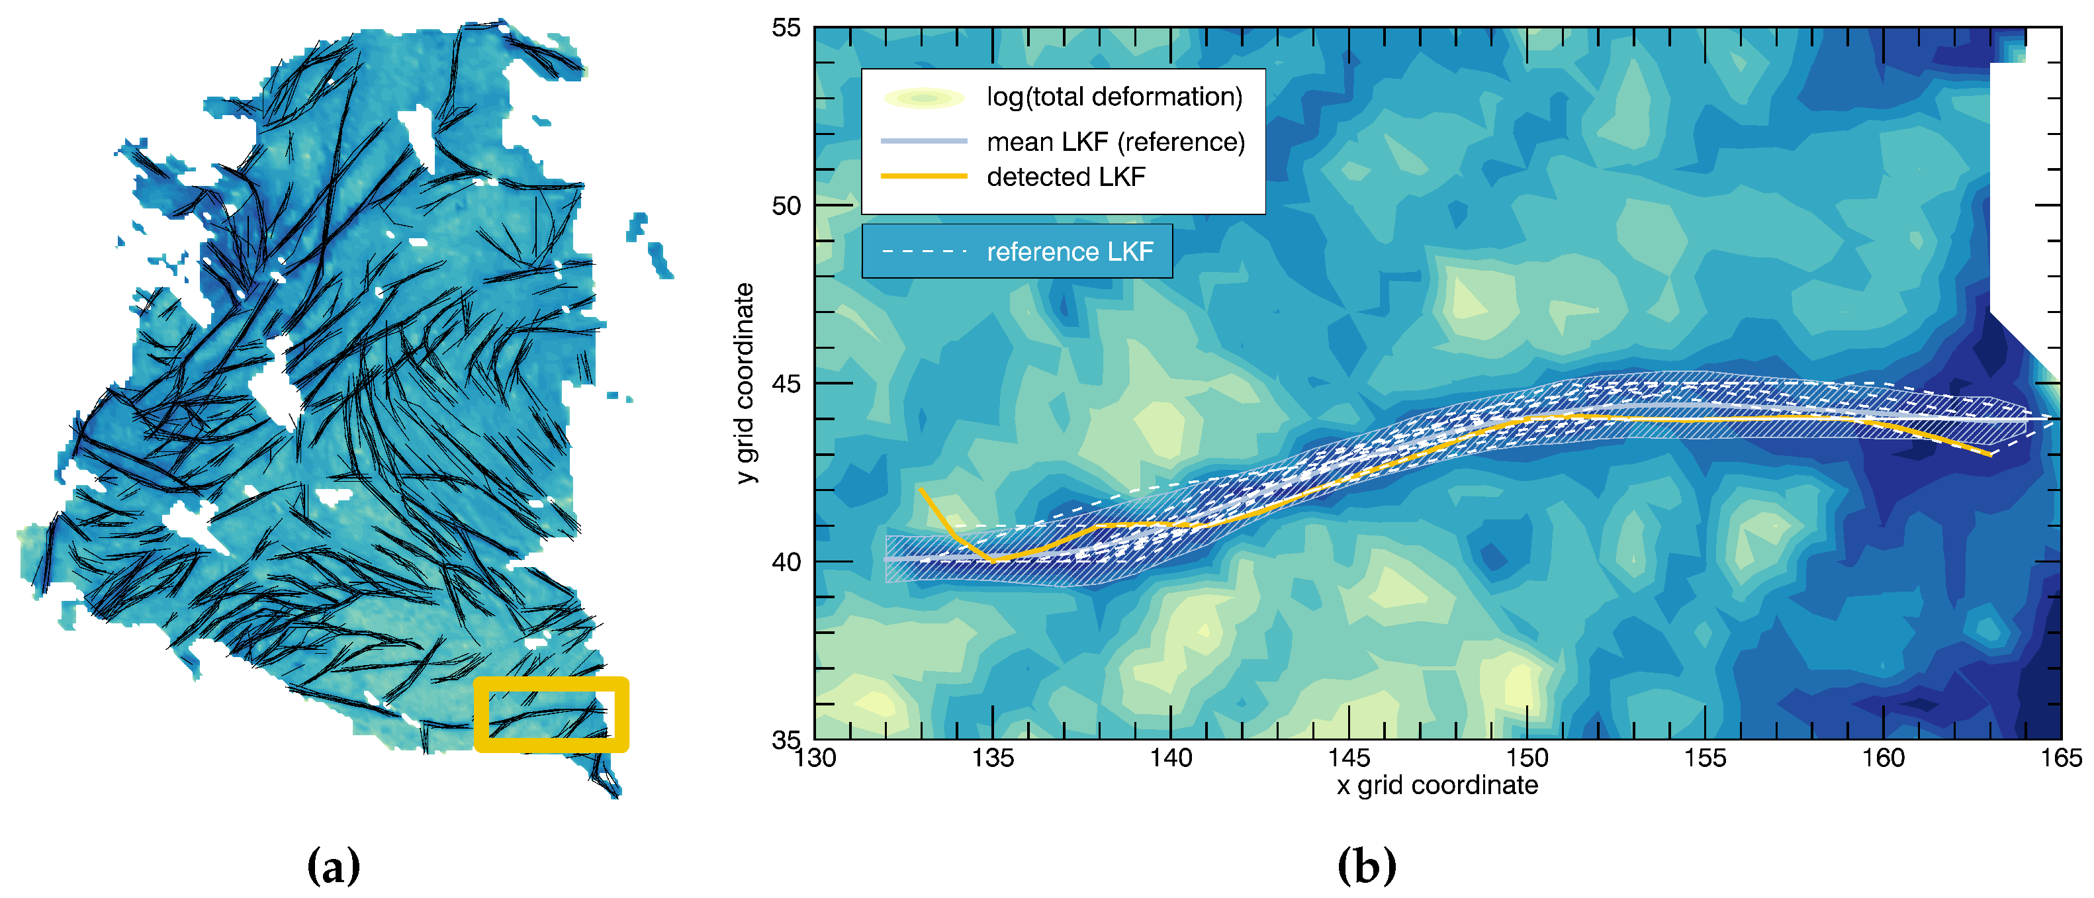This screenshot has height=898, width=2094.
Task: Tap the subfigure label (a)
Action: tap(334, 866)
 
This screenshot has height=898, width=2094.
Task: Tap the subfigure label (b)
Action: tap(1367, 866)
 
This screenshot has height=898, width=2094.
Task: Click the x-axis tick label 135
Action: tap(993, 758)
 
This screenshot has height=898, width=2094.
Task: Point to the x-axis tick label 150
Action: tap(1527, 758)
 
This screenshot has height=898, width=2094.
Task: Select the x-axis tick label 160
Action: tap(1883, 758)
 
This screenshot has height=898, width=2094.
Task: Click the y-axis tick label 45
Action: tap(786, 384)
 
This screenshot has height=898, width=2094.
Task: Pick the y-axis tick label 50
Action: tap(786, 206)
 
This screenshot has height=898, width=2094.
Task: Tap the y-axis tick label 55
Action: tap(786, 28)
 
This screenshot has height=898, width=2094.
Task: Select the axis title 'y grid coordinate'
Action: tap(745, 384)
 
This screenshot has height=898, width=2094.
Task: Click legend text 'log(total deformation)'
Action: tap(1115, 97)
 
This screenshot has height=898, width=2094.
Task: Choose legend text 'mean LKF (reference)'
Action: tap(1115, 142)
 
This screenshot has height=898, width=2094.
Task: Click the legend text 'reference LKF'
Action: tap(1070, 252)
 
